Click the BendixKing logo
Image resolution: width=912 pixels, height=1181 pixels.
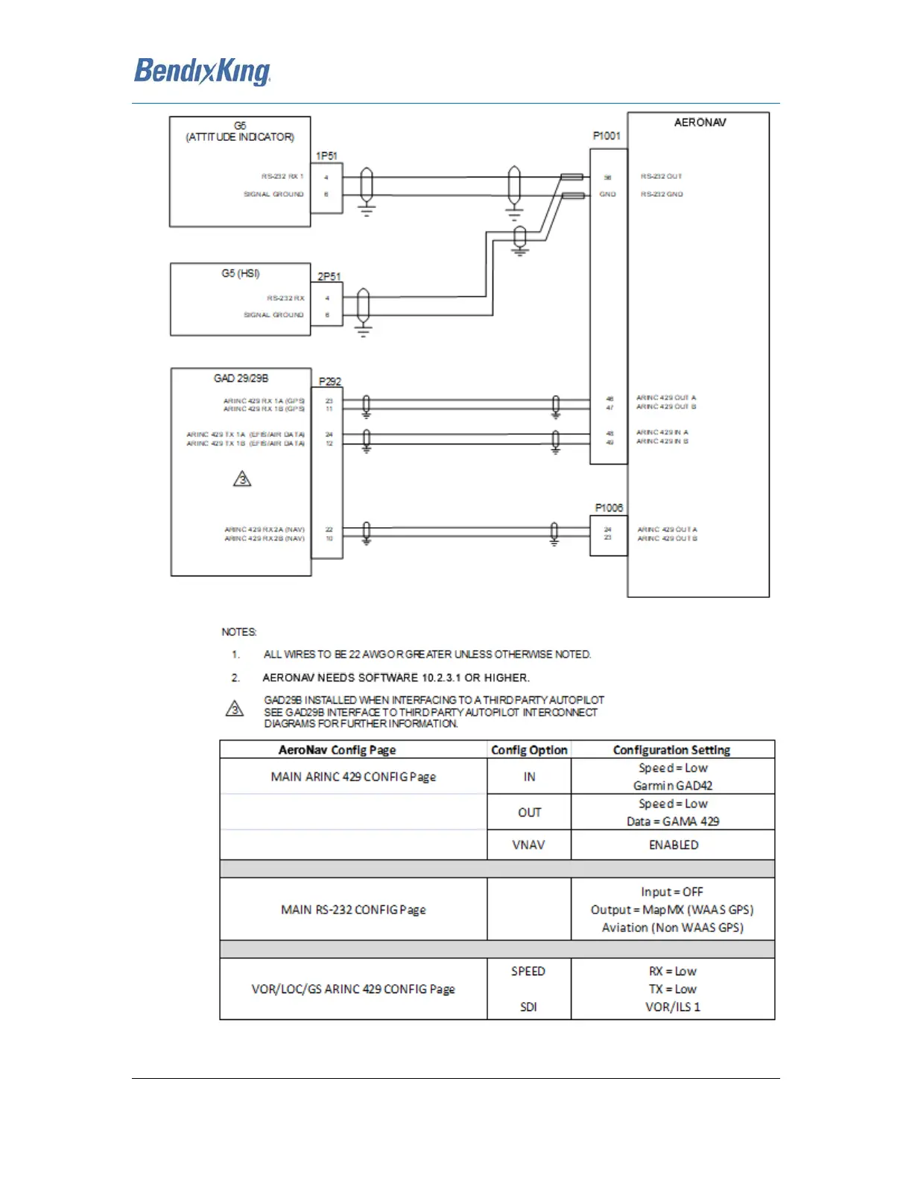pos(202,72)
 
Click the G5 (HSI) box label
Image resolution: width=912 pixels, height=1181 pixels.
pos(240,274)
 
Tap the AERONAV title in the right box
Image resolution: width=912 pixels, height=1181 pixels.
pos(700,122)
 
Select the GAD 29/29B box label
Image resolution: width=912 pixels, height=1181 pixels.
pos(241,378)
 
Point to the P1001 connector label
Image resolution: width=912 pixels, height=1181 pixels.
pos(607,136)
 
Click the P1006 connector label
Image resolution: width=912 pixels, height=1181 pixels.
pos(609,508)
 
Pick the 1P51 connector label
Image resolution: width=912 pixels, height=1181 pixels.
pos(326,156)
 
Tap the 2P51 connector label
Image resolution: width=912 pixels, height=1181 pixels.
pos(329,277)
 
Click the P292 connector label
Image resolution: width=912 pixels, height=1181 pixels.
pos(329,381)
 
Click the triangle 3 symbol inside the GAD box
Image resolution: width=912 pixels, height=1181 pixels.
pos(242,479)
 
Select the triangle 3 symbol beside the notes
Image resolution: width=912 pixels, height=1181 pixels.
pos(235,708)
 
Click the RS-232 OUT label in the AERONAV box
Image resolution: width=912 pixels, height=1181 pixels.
pos(661,177)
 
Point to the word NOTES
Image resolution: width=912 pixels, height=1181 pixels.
pos(238,632)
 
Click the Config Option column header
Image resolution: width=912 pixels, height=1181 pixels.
pos(529,750)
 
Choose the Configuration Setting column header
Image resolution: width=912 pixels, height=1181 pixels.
pos(671,750)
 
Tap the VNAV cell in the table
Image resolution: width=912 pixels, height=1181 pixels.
pos(528,845)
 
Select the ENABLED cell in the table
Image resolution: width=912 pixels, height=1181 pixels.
pos(673,845)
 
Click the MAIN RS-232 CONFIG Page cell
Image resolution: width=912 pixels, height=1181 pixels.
pos(353,910)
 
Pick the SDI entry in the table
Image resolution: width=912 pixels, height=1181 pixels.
pos(528,1007)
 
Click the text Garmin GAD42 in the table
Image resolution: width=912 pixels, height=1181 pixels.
pos(672,786)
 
